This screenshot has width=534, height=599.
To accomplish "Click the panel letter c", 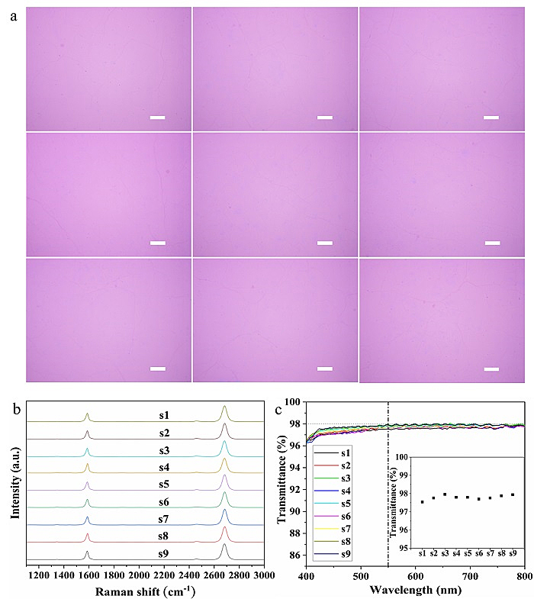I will point(280,411).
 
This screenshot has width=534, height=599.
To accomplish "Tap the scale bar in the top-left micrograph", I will point(158,118).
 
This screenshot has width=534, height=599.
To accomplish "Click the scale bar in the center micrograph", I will point(325,243).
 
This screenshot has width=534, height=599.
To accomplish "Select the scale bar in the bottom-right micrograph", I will point(492,369).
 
